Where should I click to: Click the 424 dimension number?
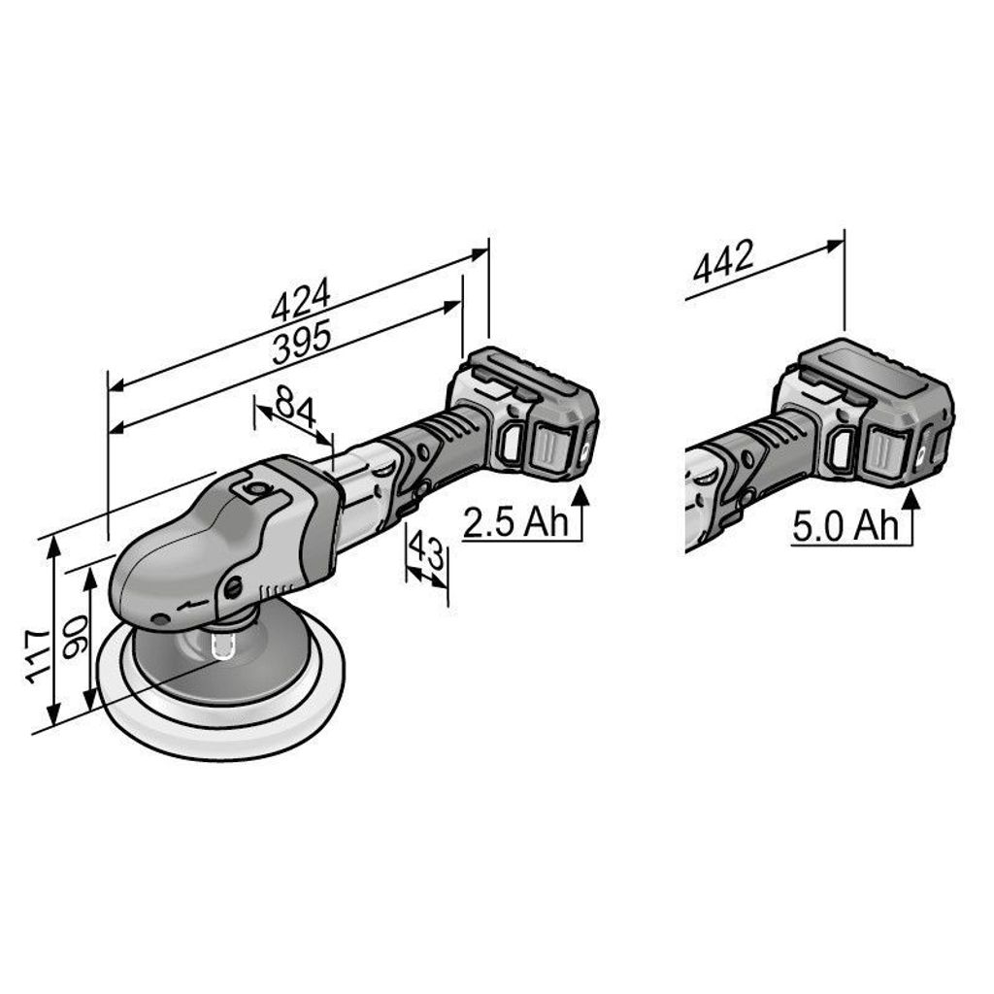(x=301, y=298)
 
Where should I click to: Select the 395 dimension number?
(x=302, y=343)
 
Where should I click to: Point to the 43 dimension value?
(x=426, y=550)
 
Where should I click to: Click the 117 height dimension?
(x=38, y=656)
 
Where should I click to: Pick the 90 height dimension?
(x=75, y=636)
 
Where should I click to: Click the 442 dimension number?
(x=723, y=260)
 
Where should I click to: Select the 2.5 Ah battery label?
(x=515, y=523)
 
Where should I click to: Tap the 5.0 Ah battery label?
(x=845, y=527)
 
